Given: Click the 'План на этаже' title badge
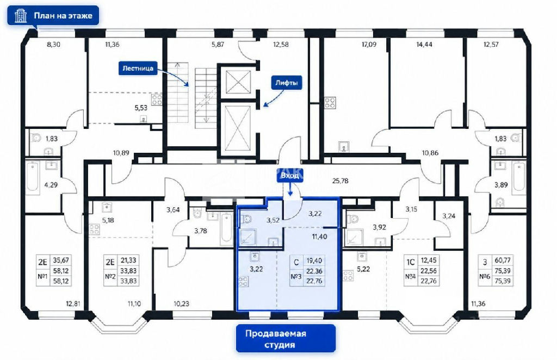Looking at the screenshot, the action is [53, 15].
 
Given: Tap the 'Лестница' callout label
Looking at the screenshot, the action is [138, 68].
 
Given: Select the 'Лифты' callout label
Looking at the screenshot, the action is [286, 83].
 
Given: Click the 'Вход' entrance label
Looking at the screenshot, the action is [290, 176].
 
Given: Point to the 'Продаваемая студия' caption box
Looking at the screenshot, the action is [286, 339].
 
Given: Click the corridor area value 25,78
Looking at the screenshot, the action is [340, 181].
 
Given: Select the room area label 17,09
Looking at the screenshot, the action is [369, 45].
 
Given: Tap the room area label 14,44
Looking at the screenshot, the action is [424, 45].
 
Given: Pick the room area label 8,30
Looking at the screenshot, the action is [54, 45].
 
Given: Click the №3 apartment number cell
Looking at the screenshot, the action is [296, 276].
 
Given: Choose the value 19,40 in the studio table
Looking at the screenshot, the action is [314, 260].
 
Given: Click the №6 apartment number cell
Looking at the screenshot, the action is [485, 276].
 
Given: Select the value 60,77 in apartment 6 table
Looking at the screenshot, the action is [503, 260].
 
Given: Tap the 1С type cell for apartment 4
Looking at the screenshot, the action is [411, 262].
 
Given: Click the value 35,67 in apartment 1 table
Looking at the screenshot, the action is [61, 260].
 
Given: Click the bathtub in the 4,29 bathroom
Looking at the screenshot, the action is [32, 177].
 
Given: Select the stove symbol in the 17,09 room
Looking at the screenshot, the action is [330, 103].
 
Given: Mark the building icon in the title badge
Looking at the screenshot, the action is [21, 16].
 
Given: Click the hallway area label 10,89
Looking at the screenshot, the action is [121, 153].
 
